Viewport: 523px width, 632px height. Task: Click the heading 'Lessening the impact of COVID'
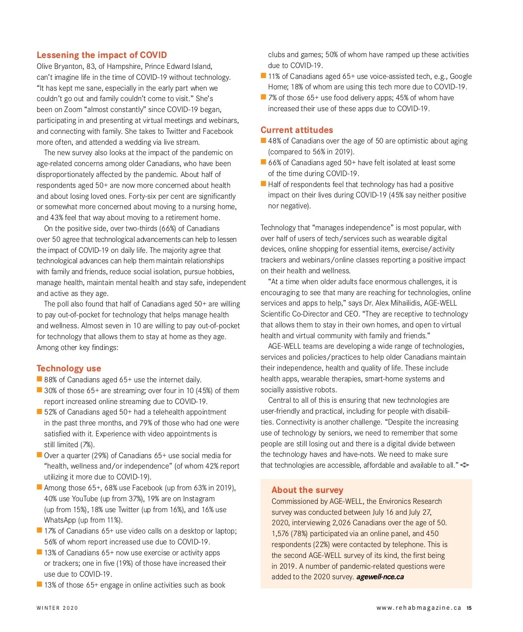point(102,55)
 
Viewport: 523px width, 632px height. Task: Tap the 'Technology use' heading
point(69,368)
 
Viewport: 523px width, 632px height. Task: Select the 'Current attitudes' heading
point(297,130)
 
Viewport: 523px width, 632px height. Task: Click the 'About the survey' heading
point(307,490)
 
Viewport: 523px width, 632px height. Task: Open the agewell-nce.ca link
point(380,577)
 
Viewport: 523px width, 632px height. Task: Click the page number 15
point(469,608)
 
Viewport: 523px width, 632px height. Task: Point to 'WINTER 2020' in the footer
point(57,608)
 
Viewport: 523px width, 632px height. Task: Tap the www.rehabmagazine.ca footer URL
point(418,608)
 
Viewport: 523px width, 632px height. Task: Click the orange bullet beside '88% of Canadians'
point(39,379)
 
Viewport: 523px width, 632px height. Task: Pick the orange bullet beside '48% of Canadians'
point(263,140)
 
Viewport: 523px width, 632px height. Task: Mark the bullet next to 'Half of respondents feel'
point(263,183)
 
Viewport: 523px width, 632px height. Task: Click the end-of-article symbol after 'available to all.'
point(465,465)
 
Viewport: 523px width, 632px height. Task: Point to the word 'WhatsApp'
point(60,520)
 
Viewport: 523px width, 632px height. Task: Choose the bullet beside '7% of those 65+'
point(263,97)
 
